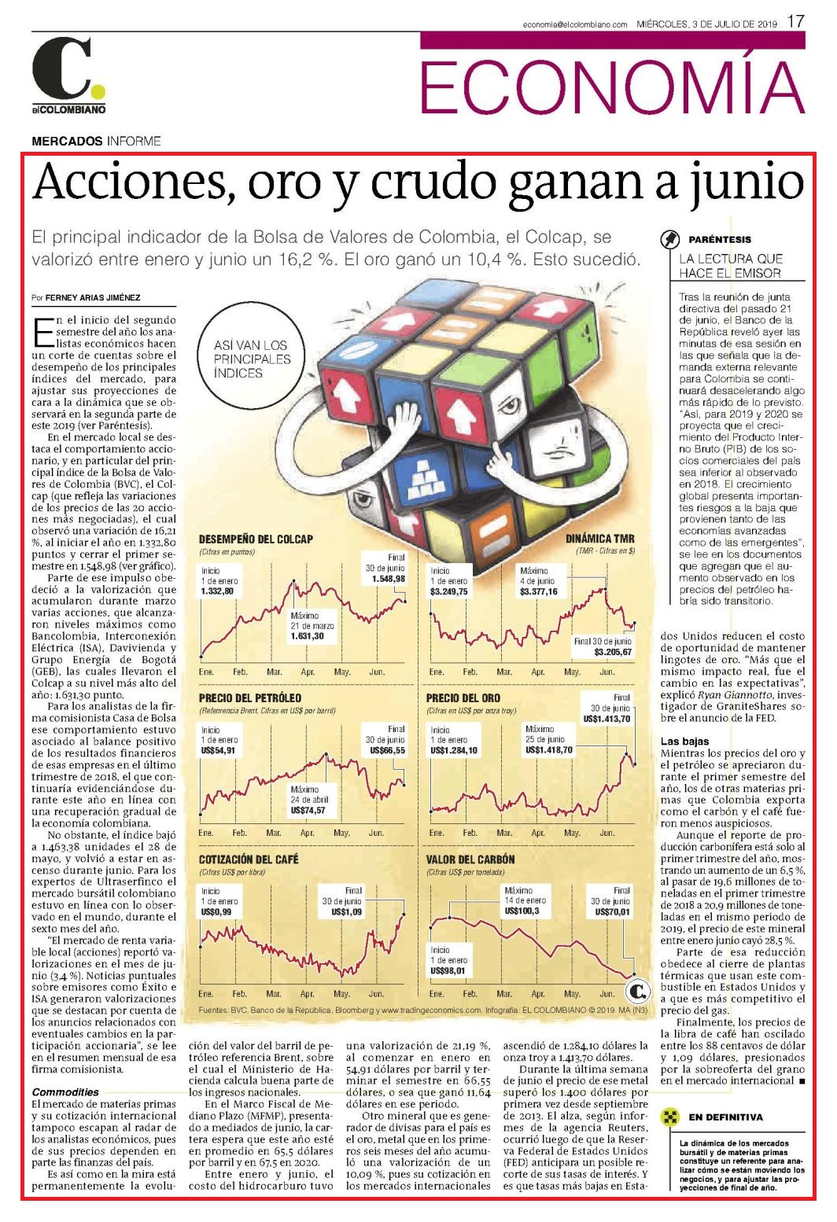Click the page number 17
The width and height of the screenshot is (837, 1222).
click(795, 21)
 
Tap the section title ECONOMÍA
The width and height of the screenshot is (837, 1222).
click(612, 86)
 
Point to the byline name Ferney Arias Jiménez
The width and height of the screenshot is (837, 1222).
click(92, 298)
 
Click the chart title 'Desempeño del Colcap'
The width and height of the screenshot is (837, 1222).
click(256, 539)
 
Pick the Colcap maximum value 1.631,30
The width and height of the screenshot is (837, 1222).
click(308, 636)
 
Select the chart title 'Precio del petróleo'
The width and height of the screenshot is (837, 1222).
click(250, 697)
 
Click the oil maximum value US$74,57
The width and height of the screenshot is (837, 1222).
click(308, 810)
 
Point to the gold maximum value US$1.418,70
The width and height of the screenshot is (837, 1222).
click(549, 749)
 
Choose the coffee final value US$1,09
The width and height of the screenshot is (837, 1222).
click(346, 911)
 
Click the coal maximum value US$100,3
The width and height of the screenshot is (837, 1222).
click(522, 911)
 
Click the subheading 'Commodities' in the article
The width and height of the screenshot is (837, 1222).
click(65, 1091)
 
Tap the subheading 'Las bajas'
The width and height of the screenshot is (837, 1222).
click(684, 741)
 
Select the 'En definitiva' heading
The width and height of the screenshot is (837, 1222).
click(726, 1117)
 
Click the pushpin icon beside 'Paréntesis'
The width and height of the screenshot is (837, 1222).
click(670, 239)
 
